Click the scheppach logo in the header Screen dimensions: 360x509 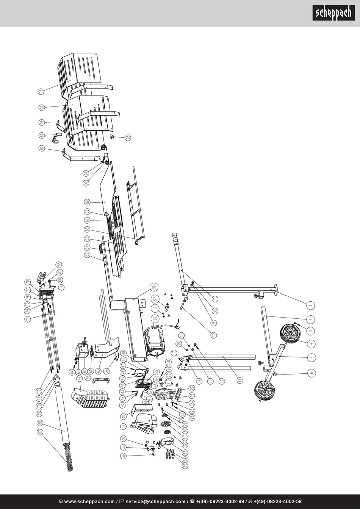point(333,13)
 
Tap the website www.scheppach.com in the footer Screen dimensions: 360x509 point(86,501)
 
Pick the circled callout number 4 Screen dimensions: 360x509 point(311,344)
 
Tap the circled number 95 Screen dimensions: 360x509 point(41,91)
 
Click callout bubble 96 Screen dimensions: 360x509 point(128,138)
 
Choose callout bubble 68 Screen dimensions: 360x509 point(40,423)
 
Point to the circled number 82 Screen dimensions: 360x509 point(59,265)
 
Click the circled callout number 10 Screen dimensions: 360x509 point(213,335)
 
